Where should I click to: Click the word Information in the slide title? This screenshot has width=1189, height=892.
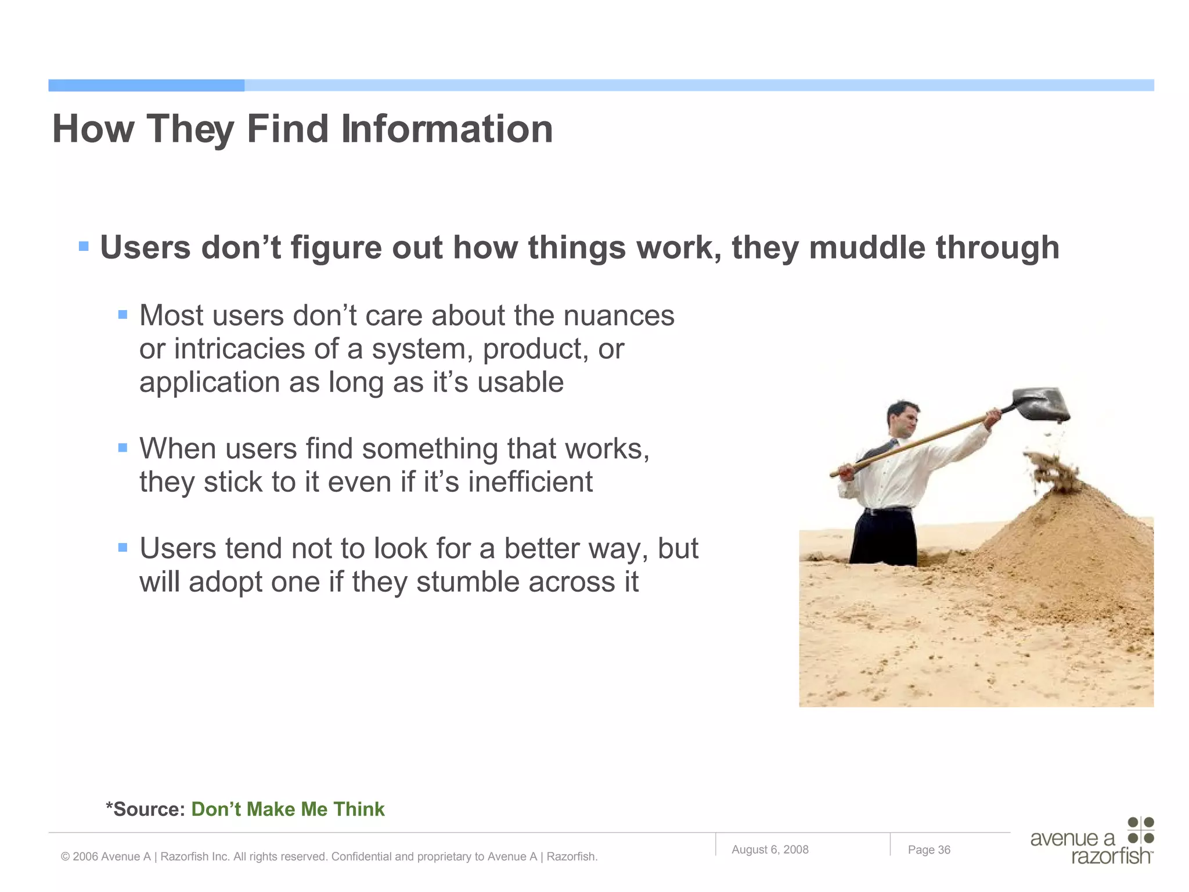(x=446, y=128)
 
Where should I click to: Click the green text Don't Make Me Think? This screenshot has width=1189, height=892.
(x=287, y=809)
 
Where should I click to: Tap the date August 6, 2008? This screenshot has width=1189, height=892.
(x=770, y=850)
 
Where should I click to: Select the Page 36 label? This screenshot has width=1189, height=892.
(x=929, y=850)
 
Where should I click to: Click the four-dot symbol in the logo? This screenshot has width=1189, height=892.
(x=1140, y=830)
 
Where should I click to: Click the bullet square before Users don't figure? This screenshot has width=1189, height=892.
(x=84, y=246)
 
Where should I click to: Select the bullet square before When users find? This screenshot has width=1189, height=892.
(x=122, y=448)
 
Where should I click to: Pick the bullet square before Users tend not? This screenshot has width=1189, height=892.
(x=122, y=547)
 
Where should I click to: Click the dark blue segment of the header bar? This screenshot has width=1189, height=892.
(x=146, y=85)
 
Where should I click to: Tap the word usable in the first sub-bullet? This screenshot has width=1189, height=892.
(x=520, y=383)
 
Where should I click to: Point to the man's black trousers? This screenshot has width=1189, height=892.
(x=883, y=537)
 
